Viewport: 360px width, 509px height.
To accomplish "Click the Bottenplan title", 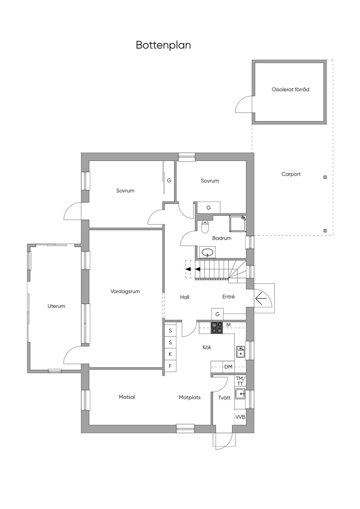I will click(163, 45).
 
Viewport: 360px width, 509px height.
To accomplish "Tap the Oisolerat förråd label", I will click(290, 90).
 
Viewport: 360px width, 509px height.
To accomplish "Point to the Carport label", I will click(291, 174).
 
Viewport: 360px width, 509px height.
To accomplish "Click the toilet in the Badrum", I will click(205, 227).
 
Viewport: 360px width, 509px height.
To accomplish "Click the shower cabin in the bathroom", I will click(238, 224).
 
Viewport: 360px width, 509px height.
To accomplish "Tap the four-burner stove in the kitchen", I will click(217, 328).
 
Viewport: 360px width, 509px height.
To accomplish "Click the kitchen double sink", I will click(240, 352).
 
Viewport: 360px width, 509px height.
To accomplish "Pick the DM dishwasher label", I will click(229, 367).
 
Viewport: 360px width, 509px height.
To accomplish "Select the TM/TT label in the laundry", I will click(240, 381).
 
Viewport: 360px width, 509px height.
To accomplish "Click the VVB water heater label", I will click(240, 417).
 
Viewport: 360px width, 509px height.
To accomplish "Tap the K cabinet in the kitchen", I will click(170, 354).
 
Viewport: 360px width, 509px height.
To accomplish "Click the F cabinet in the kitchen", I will click(170, 366).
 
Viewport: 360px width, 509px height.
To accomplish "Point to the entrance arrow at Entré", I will click(261, 298).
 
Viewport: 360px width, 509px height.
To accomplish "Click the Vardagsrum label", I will click(125, 291).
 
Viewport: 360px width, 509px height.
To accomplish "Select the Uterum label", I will click(56, 306).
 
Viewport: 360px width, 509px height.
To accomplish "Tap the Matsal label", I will click(127, 397).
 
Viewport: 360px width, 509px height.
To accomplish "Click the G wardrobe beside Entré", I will click(217, 314).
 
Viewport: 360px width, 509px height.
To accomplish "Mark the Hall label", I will click(185, 297).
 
